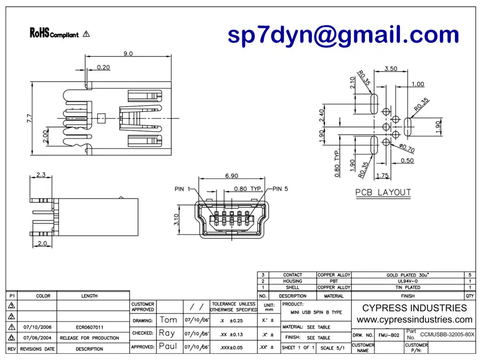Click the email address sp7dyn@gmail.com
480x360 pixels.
343,36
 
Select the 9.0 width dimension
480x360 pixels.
128,54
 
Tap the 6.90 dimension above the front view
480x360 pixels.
231,177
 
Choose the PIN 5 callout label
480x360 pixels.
280,189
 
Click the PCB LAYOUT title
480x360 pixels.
383,192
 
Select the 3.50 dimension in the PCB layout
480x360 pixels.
390,69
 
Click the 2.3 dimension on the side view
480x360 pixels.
40,175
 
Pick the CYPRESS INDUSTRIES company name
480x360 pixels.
414,308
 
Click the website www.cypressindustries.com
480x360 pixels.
414,320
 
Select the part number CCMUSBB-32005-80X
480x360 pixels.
447,334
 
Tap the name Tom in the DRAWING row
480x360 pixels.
168,320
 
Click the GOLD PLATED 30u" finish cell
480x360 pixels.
408,275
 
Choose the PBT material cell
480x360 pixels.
334,281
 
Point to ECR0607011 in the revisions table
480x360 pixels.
89,327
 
